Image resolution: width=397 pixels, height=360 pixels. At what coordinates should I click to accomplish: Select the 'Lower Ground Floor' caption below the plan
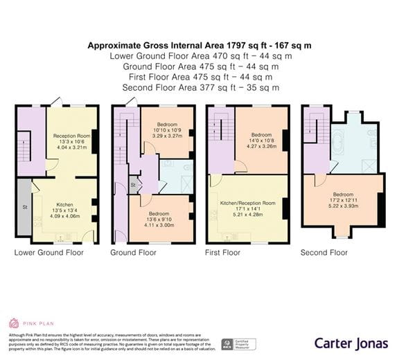pos(48,253)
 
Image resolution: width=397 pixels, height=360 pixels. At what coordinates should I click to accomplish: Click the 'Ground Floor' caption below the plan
pos(133,253)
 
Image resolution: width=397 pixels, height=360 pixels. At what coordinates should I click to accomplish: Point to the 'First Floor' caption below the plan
pos(222,253)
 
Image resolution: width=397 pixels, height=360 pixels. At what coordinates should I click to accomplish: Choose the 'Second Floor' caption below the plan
pos(324,253)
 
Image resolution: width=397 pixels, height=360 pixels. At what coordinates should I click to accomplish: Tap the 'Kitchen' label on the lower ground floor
pos(64,205)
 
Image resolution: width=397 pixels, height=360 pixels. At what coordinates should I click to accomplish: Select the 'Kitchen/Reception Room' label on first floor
pos(247,204)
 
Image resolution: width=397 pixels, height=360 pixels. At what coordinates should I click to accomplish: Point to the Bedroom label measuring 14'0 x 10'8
pos(261,135)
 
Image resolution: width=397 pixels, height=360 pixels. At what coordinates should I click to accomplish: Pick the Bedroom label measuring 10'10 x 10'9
pos(166,125)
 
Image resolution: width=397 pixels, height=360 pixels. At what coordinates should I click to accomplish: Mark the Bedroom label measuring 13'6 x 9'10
pos(160,214)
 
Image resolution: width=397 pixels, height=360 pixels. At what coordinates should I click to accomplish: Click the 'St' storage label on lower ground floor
pos(24,206)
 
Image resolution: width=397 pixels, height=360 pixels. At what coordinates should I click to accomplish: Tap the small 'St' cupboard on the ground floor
pos(133,186)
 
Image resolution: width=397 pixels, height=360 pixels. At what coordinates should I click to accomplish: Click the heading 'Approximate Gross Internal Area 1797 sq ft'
pos(199,46)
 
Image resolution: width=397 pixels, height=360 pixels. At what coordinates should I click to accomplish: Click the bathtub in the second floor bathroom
pos(339,143)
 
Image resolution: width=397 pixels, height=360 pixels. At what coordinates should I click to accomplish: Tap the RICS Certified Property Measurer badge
pos(238,344)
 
